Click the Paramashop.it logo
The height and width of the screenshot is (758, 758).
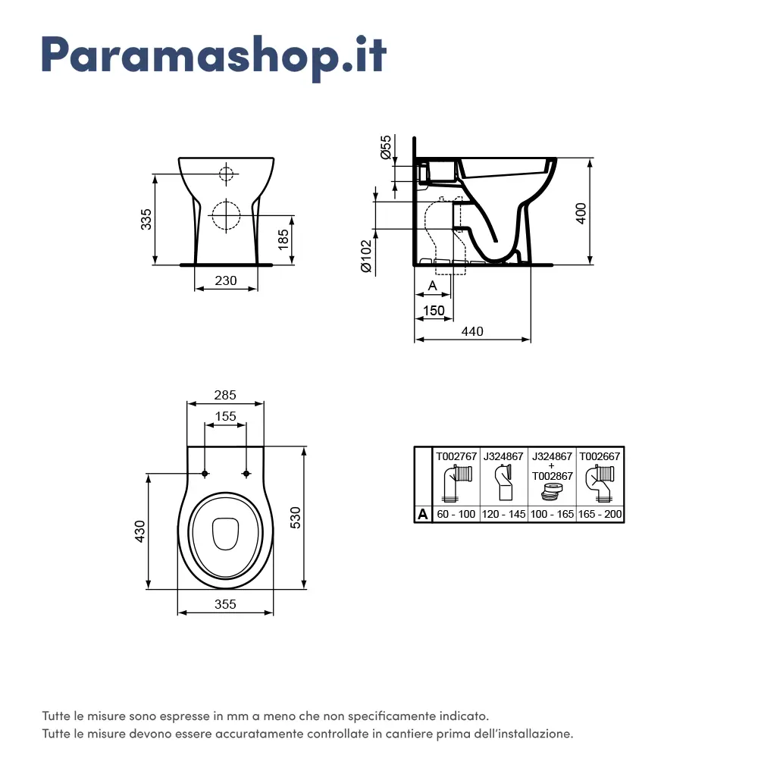(x=214, y=55)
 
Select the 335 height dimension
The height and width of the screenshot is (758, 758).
(x=147, y=219)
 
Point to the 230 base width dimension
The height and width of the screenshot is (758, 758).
(x=225, y=280)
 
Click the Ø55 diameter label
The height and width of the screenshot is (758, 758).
(x=386, y=147)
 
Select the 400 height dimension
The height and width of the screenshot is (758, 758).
(x=581, y=212)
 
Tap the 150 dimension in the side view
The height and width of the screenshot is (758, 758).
(x=433, y=310)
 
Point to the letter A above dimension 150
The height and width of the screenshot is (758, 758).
(x=432, y=285)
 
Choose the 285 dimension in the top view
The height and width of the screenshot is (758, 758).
(x=225, y=395)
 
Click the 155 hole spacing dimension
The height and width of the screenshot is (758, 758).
(x=225, y=416)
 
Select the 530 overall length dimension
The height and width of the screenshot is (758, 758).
(x=296, y=518)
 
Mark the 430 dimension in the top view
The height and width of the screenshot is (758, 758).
(x=139, y=531)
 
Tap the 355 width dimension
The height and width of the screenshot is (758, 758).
(x=225, y=604)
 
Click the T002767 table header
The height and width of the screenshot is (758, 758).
(x=456, y=456)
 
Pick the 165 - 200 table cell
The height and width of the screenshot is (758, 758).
(x=600, y=515)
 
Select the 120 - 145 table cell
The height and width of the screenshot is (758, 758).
(x=503, y=515)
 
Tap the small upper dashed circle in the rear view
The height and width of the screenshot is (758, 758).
(x=226, y=173)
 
